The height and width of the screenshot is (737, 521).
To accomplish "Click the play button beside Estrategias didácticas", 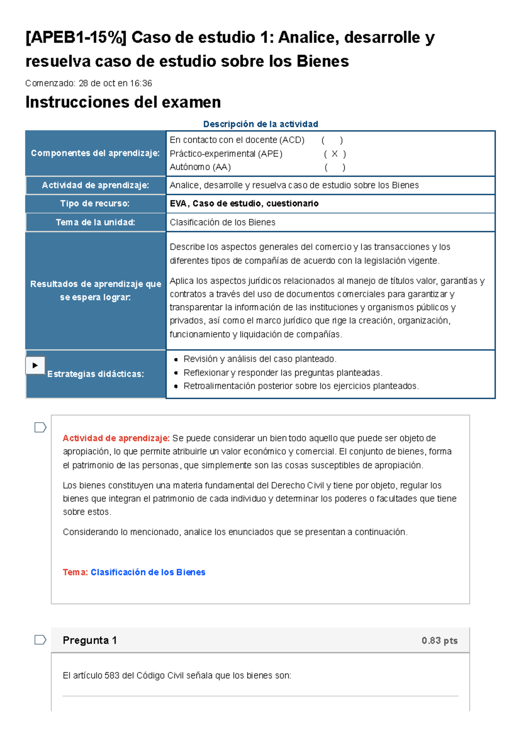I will pos(35,365).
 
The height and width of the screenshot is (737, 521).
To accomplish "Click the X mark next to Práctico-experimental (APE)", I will pos(334,154).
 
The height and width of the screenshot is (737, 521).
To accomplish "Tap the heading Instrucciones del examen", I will pos(123,102).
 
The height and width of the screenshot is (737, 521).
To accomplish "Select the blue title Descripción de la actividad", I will pos(260,124).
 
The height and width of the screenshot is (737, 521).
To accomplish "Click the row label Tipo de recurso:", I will pos(95,204).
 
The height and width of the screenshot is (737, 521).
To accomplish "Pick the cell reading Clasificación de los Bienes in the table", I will pos(222,222).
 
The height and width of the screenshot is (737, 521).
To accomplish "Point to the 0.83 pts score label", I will pos(439,641).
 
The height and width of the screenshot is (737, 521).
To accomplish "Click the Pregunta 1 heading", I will pos(89,640).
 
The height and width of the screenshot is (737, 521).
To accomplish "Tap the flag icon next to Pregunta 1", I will pos(40,640).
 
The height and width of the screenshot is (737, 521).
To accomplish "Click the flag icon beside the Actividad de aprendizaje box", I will pos(40,427).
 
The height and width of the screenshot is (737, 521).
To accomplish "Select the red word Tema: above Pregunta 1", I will pos(75,572).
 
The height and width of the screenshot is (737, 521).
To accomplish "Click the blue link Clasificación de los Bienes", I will pos(148,572).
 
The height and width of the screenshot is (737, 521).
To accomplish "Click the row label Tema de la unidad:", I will pos(95,222).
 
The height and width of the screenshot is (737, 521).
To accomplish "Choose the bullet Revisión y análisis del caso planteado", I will pos(260,359).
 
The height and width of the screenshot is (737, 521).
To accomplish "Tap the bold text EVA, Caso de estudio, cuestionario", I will pos(244,204).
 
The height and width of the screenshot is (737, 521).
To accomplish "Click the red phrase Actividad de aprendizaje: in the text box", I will pos(116,438).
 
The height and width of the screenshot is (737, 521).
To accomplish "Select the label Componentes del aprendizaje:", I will pos(95,153).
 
